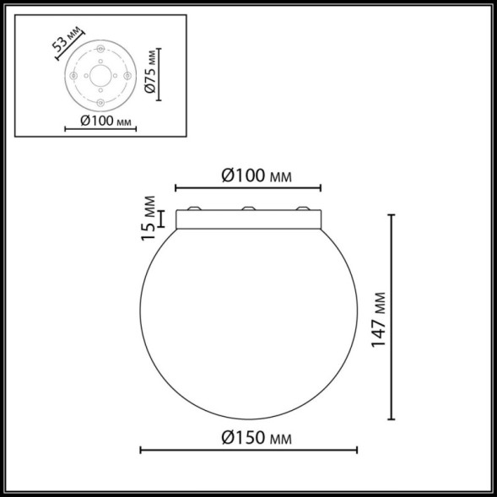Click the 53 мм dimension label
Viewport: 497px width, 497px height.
click(66, 40)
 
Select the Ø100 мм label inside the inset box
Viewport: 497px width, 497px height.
click(105, 121)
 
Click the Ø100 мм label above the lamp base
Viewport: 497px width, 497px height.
click(257, 176)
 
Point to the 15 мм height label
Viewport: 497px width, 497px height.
click(148, 218)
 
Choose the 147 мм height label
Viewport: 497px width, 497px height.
click(378, 320)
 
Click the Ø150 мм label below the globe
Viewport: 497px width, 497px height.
click(257, 438)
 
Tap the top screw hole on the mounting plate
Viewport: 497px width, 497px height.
click(100, 49)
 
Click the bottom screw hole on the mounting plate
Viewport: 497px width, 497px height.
click(100, 102)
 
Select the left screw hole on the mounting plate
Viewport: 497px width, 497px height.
click(73, 76)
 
